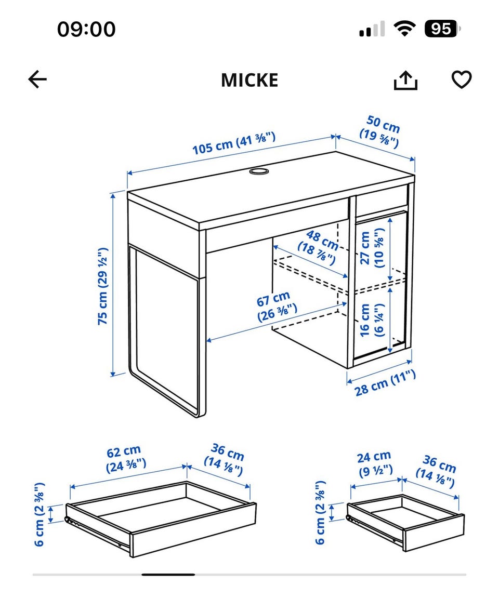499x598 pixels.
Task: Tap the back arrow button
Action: click(x=37, y=79)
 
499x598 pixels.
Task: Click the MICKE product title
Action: click(x=249, y=80)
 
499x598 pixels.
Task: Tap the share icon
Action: click(x=405, y=80)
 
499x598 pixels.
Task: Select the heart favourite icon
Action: click(x=462, y=79)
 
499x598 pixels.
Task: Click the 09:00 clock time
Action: click(x=86, y=29)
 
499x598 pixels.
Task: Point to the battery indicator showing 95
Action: click(x=442, y=29)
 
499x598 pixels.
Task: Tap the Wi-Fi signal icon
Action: click(x=405, y=29)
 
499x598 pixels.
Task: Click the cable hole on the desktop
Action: click(x=259, y=171)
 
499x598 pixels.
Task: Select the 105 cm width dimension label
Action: click(x=233, y=143)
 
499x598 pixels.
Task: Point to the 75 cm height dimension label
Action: click(x=102, y=286)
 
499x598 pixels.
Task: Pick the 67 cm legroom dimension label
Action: click(x=276, y=306)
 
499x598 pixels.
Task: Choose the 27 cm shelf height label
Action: click(x=372, y=248)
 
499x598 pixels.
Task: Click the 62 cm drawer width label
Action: click(x=125, y=459)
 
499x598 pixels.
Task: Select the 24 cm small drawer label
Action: click(x=375, y=464)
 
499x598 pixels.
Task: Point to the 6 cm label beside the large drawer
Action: click(x=40, y=514)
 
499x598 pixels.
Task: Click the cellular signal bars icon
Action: click(x=372, y=29)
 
